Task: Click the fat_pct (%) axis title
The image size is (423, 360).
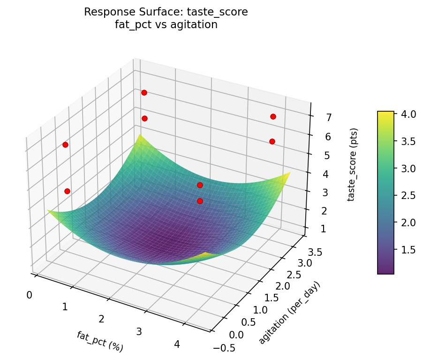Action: (x=100, y=341)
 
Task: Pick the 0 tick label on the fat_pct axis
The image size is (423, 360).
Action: (x=29, y=295)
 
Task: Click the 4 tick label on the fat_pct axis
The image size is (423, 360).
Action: (x=177, y=344)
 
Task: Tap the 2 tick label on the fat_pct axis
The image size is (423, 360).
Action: (x=101, y=319)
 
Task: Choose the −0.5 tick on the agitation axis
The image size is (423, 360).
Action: (x=225, y=348)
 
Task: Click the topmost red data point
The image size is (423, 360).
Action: (x=144, y=92)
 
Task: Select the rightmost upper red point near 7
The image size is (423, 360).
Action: (x=273, y=116)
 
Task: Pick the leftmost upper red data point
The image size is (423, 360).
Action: (x=65, y=145)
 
